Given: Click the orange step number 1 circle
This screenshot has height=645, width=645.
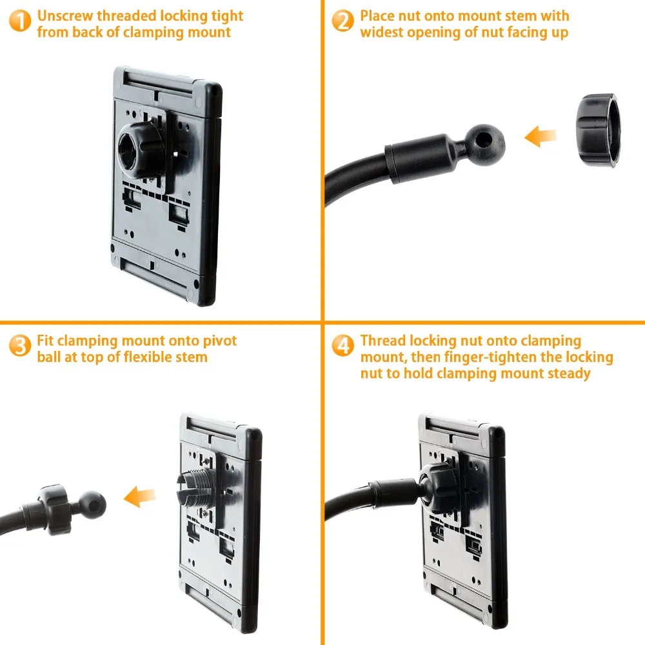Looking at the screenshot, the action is pos(20,21).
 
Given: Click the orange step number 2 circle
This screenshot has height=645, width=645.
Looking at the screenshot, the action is pos(342,21).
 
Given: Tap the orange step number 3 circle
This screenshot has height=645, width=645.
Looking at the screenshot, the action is pos(20,345).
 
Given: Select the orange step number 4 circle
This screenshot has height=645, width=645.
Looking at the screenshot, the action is pos(342,345).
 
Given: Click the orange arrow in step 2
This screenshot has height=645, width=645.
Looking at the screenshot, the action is pos(540,136).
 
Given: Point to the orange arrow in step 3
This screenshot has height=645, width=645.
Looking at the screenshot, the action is pos(140,497).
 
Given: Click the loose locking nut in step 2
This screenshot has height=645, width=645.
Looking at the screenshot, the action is pos(597,130).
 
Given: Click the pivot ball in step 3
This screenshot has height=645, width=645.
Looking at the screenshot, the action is pos(92,505).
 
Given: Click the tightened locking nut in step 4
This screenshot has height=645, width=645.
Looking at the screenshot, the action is pos(439,488).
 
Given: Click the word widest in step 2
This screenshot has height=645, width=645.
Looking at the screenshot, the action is pos(382,32).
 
